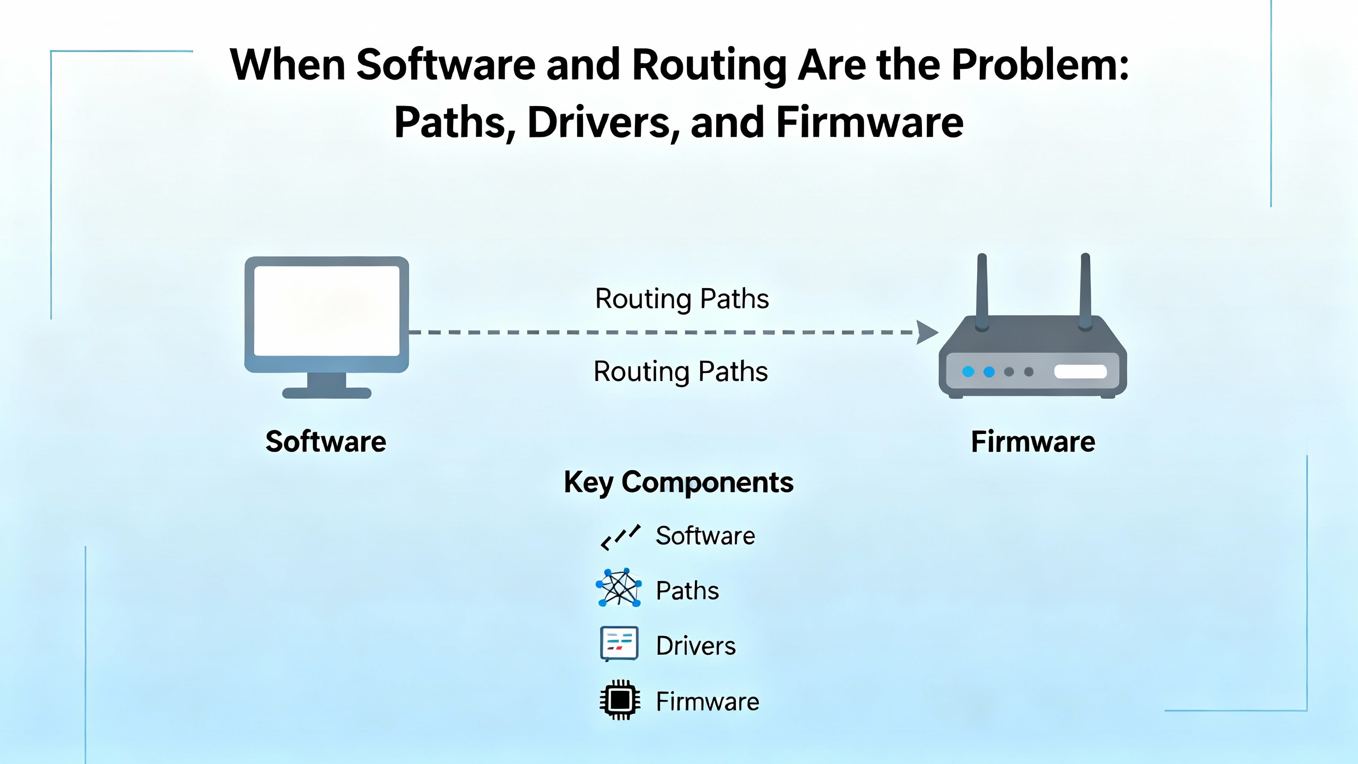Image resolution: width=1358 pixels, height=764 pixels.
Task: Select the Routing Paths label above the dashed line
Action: pyautogui.click(x=682, y=299)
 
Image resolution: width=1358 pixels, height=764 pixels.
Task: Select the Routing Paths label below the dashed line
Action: pyautogui.click(x=681, y=371)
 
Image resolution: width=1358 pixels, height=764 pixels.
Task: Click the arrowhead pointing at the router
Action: pyautogui.click(x=927, y=332)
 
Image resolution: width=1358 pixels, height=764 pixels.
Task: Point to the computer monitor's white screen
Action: pyautogui.click(x=326, y=310)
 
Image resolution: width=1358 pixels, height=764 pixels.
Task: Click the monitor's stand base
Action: pyautogui.click(x=326, y=393)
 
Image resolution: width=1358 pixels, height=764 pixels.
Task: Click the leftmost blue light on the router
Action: pyautogui.click(x=968, y=371)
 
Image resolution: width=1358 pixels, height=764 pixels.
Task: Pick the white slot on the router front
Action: pyautogui.click(x=1080, y=371)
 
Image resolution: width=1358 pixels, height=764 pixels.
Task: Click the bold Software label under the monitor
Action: pyautogui.click(x=326, y=442)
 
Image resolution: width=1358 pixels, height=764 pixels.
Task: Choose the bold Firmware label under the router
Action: pyautogui.click(x=1033, y=442)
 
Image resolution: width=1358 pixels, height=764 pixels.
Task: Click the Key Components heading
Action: pyautogui.click(x=678, y=482)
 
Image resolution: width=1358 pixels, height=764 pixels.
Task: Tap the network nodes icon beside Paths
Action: pyautogui.click(x=619, y=588)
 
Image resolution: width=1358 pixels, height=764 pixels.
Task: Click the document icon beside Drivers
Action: pyautogui.click(x=619, y=644)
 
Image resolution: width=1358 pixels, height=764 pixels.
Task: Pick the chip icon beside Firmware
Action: pyautogui.click(x=619, y=700)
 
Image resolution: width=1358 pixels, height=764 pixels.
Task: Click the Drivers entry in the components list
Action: pyautogui.click(x=695, y=646)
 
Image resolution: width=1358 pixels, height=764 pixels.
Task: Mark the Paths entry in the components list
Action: pyautogui.click(x=687, y=591)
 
